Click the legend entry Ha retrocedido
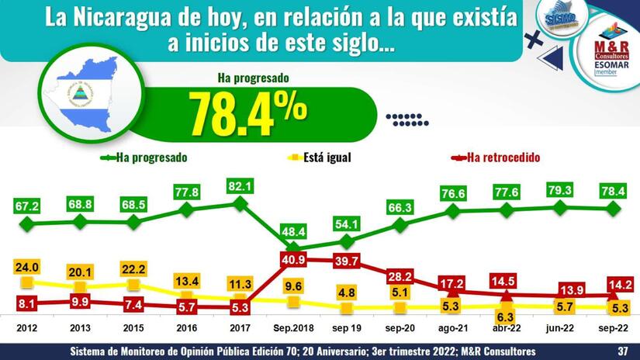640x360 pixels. coord(503,157)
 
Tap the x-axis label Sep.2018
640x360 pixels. coord(290,327)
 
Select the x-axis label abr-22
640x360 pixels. coord(506,327)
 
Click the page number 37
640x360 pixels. coord(622,351)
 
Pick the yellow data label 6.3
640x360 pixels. coord(506,317)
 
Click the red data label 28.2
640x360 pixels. coord(400,277)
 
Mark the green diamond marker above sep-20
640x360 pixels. coord(400,224)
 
